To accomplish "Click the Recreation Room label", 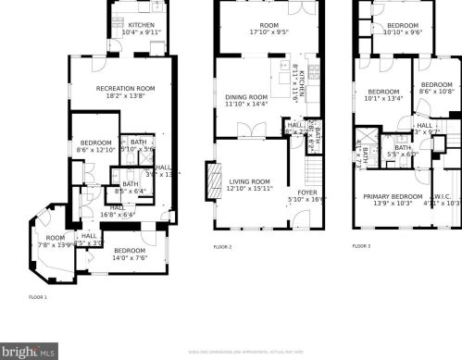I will click(x=126, y=88).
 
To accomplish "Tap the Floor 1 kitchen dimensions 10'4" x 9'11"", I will click(x=142, y=33).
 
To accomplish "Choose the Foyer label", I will click(x=301, y=192).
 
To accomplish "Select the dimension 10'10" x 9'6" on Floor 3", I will click(x=403, y=32).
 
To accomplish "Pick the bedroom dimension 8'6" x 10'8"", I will click(x=438, y=92).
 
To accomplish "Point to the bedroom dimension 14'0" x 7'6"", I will click(x=130, y=258).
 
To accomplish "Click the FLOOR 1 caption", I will click(x=38, y=297).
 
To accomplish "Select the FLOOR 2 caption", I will click(x=222, y=247).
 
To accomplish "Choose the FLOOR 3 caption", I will click(x=361, y=246).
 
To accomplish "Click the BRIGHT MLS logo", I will click(x=30, y=352).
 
